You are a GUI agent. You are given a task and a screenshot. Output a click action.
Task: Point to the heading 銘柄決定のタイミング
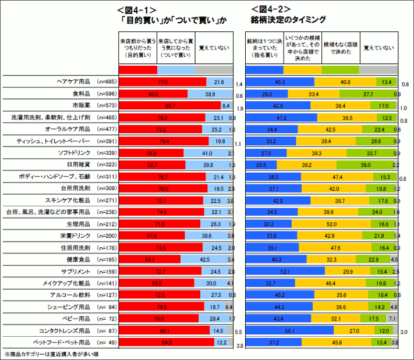tap(288, 20)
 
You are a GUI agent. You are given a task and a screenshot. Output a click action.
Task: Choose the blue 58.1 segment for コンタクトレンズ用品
tap(289, 330)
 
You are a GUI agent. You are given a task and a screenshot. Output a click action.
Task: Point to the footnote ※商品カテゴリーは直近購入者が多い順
tap(53, 354)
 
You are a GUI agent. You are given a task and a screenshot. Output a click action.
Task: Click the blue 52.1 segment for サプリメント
tap(285, 272)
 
